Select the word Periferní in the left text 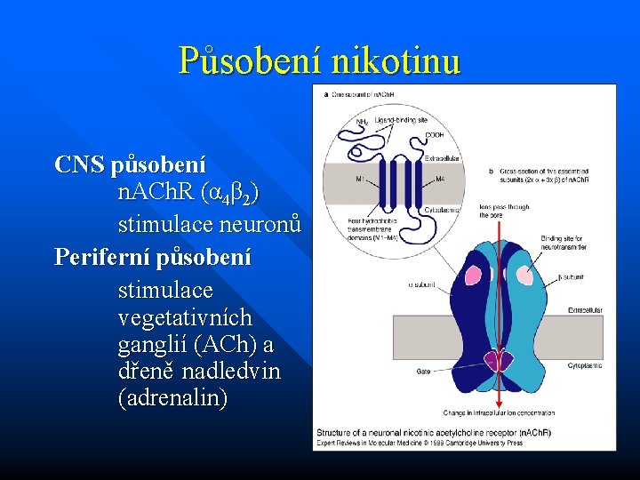click(x=96, y=258)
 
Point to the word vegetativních click(x=185, y=317)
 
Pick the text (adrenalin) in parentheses click(x=172, y=398)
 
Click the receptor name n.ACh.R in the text click(x=157, y=192)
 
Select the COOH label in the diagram click(x=434, y=134)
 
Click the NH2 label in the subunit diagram click(x=362, y=122)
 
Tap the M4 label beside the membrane click(x=442, y=179)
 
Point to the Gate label click(x=422, y=372)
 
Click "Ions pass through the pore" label click(x=504, y=212)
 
